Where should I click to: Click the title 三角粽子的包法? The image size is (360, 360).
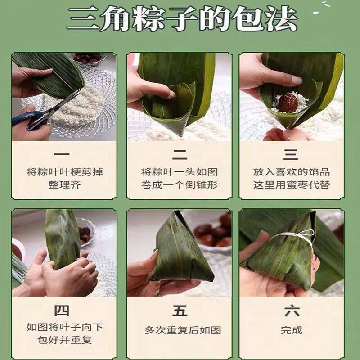click(182, 18)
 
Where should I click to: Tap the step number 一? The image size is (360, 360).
click(62, 154)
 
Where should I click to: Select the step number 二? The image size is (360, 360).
click(180, 154)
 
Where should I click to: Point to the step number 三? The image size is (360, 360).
click(291, 154)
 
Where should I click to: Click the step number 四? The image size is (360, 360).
click(62, 311)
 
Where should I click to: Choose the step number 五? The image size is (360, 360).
click(180, 311)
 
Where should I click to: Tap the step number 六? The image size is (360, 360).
click(292, 310)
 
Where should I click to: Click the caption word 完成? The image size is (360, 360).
click(292, 330)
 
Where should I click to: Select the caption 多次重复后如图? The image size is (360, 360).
click(183, 330)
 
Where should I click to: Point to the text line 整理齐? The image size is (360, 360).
click(64, 184)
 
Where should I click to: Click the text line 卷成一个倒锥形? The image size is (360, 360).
click(179, 184)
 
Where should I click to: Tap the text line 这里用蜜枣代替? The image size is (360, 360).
click(292, 184)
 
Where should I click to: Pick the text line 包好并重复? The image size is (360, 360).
click(64, 340)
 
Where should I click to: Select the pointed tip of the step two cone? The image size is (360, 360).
click(181, 135)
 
